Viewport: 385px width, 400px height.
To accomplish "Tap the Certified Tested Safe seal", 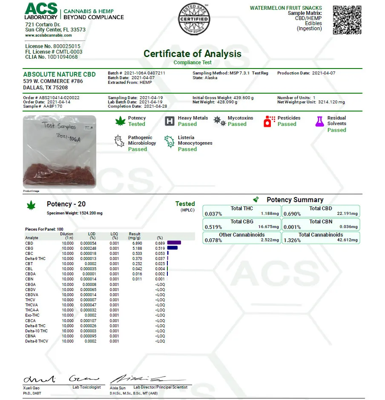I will pyautogui.click(x=193, y=19).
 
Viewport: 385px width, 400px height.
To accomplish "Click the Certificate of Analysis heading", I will pyautogui.click(x=192, y=54).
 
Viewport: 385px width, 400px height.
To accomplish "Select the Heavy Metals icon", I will pyautogui.click(x=170, y=121).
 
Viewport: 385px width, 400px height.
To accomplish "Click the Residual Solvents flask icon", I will pyautogui.click(x=319, y=121).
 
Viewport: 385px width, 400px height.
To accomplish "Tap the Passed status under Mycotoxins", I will pyautogui.click(x=237, y=124).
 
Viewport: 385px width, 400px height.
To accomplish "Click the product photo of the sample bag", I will pyautogui.click(x=59, y=152).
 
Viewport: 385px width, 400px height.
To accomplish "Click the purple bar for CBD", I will pyautogui.click(x=174, y=243).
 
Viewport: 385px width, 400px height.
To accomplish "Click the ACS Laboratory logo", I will pyautogui.click(x=41, y=11).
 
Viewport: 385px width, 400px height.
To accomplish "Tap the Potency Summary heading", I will pyautogui.click(x=295, y=200).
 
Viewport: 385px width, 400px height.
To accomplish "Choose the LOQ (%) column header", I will pyautogui.click(x=114, y=236).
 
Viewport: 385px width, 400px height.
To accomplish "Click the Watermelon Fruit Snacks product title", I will pyautogui.click(x=286, y=8).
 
